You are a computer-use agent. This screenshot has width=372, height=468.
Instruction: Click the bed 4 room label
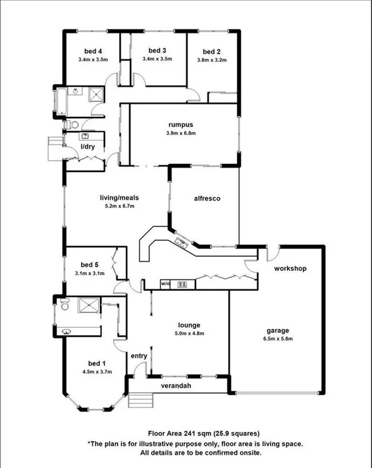point(93,52)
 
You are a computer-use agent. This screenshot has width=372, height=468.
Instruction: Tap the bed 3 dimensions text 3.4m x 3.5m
point(157,59)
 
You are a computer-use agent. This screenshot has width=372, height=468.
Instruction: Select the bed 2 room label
point(211,52)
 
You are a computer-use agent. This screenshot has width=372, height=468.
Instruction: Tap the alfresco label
point(206,199)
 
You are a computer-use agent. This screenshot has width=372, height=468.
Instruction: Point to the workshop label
point(290,268)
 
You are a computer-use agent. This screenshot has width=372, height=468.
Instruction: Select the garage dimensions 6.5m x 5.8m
point(278,338)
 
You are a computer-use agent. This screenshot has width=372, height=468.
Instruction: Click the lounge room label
point(190,326)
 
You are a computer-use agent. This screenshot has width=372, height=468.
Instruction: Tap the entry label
point(139,356)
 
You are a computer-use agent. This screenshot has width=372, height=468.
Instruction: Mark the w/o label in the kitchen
point(166,283)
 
